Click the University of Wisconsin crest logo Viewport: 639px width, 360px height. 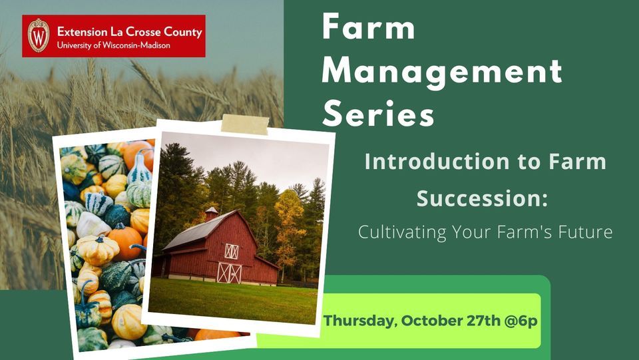(38, 35)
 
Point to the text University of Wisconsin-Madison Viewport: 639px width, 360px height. (113, 45)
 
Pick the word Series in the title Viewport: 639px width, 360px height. (378, 114)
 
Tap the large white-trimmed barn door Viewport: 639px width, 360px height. (230, 272)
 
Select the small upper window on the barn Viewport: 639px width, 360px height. (231, 251)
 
